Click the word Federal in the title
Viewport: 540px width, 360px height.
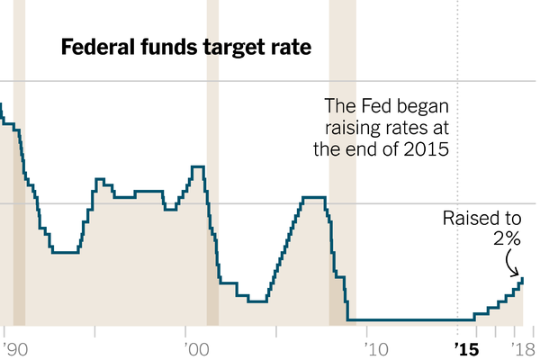pos(95,47)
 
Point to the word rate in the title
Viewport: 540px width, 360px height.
pos(290,48)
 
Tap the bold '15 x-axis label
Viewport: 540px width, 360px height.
pos(465,347)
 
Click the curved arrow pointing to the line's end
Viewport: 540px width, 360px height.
pos(516,264)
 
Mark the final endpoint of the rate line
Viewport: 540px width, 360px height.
pos(522,280)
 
